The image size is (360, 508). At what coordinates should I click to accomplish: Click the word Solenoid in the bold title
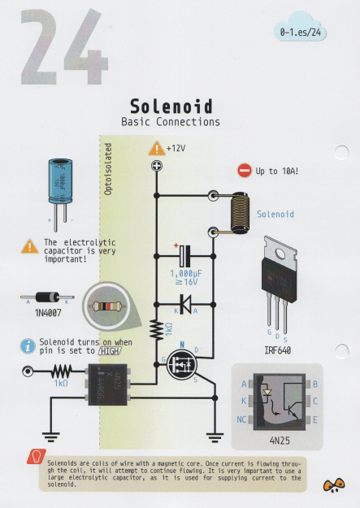(x=171, y=106)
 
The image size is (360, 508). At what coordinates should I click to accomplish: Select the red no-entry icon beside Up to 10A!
(x=245, y=171)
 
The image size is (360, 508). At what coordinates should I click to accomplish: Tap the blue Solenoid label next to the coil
(x=275, y=215)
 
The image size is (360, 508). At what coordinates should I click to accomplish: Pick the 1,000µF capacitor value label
(x=186, y=275)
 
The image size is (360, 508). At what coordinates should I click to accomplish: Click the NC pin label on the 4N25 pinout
(x=243, y=419)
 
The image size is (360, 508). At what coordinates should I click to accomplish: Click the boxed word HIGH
(x=108, y=351)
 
